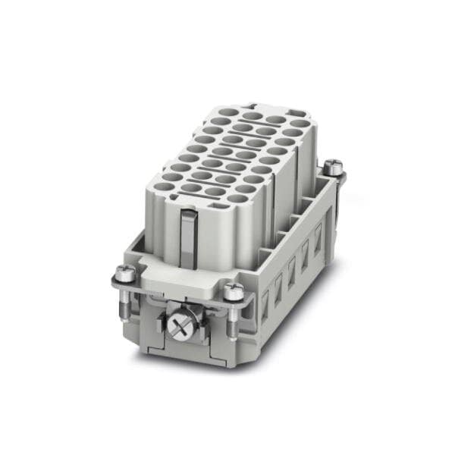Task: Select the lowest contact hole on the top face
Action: (x=237, y=198)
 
